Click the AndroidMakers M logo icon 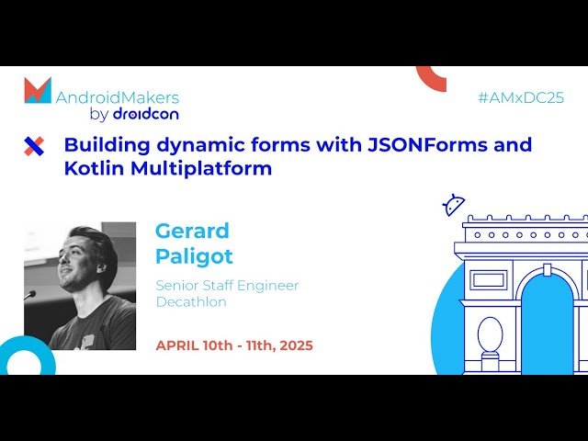coord(38,90)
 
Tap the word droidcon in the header coord(145,114)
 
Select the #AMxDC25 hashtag coord(521,97)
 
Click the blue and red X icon coord(34,145)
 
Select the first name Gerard coord(191,231)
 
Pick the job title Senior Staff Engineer coord(227,286)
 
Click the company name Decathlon coord(191,302)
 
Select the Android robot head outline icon coord(454,205)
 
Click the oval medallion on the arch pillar coord(490,334)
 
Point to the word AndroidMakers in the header coord(118,97)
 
